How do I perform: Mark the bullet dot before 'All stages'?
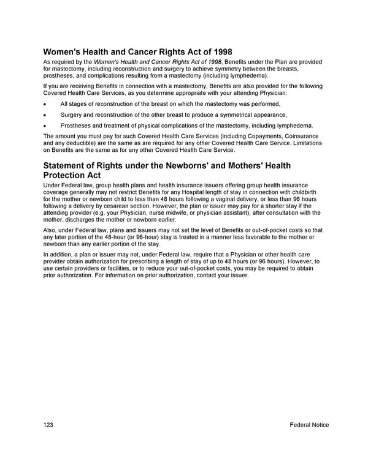[x=45, y=105]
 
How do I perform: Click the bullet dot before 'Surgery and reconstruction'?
[x=45, y=115]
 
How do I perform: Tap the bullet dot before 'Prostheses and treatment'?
[x=45, y=125]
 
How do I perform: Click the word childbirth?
[x=299, y=193]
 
